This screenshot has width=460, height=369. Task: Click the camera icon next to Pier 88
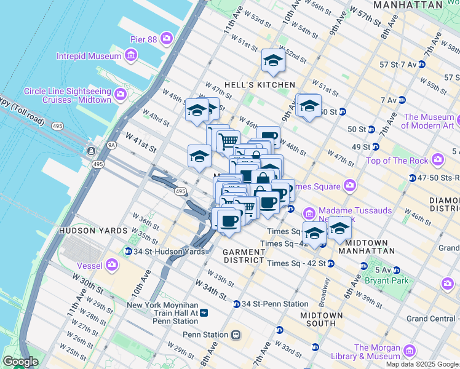[x=167, y=39]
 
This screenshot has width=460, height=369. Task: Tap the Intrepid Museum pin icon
[x=130, y=57]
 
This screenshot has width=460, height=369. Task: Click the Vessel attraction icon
[x=112, y=264]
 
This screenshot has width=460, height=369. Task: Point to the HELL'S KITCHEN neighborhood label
[x=268, y=84]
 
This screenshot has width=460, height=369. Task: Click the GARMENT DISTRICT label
[x=244, y=256]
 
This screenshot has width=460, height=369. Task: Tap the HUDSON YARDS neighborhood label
[x=87, y=231]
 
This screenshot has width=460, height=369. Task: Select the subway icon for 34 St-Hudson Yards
[x=128, y=251]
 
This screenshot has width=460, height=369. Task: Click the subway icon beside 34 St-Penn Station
[x=236, y=304]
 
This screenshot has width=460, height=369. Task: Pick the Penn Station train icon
[x=235, y=335]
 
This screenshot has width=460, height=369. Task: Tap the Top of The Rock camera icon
[x=438, y=161]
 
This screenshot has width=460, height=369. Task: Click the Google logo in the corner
[x=20, y=362]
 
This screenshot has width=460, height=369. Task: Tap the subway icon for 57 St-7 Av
[x=421, y=64]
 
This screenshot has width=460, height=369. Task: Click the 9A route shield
[x=111, y=145]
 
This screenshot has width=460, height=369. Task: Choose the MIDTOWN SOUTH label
[x=317, y=319]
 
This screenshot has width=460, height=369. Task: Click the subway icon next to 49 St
[x=375, y=147]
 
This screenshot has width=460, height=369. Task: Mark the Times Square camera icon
[x=350, y=184]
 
